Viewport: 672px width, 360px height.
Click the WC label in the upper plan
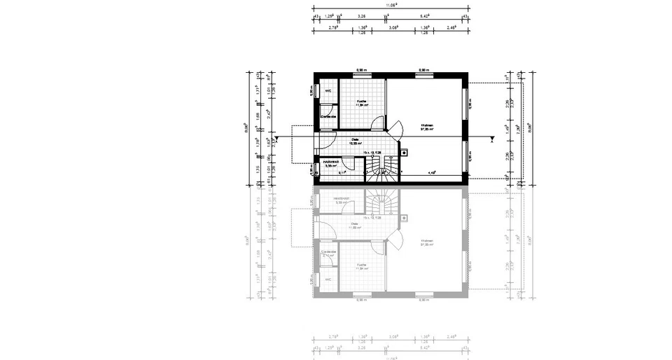327,91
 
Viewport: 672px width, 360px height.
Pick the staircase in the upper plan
382,168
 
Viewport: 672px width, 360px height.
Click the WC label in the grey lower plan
327,279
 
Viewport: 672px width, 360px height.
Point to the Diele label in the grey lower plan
355,226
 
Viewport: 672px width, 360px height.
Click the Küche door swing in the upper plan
378,123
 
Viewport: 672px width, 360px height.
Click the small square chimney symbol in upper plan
404,151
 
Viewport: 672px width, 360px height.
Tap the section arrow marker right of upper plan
493,139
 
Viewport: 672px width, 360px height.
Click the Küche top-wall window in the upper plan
362,75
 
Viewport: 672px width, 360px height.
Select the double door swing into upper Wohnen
395,130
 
